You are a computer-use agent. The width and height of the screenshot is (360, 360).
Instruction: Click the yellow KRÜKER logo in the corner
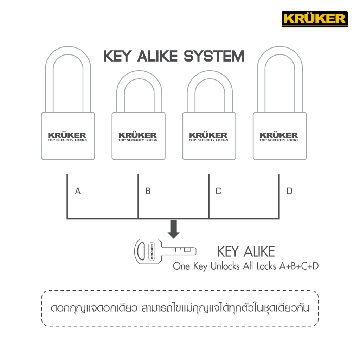pos(315,19)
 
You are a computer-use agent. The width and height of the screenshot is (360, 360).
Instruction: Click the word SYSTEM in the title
pos(214,56)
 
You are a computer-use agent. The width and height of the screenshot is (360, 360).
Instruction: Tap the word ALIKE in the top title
pos(157,56)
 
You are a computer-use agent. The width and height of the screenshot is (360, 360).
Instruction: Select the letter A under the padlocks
pos(78,191)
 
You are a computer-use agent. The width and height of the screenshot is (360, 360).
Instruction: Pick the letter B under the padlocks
pos(148,191)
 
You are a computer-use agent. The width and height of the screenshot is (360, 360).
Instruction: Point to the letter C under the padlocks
pos(218,191)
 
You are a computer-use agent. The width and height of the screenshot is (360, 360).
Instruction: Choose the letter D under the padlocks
pos(289,191)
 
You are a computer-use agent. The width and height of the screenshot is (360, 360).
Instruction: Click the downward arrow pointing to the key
pos(174,229)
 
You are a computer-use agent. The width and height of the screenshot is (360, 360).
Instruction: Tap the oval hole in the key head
pos(141,251)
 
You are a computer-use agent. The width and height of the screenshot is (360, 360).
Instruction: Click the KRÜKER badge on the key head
pos(152,251)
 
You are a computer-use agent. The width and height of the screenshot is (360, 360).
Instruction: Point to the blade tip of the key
pos(196,251)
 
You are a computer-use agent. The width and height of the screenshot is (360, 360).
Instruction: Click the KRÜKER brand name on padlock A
pos(67,135)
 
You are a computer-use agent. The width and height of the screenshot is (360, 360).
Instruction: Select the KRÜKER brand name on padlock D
pos(279,135)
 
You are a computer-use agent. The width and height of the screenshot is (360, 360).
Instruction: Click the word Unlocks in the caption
pos(225,266)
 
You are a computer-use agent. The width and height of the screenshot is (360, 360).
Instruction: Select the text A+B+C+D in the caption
pos(299,266)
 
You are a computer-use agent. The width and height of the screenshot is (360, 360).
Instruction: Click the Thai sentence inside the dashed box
pos(180,308)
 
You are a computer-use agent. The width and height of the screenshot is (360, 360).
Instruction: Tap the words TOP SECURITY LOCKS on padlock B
pos(138,140)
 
